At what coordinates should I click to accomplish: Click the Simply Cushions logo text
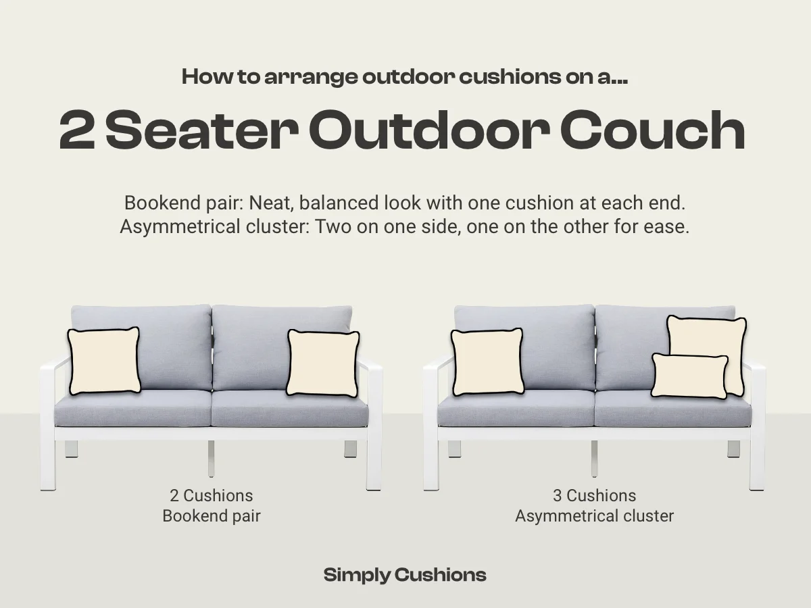point(405,575)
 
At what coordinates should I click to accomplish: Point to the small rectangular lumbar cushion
point(689,376)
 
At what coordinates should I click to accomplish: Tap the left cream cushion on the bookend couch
point(104,361)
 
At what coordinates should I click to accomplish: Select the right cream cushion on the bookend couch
point(323,363)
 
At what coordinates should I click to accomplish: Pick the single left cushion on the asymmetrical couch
point(487,362)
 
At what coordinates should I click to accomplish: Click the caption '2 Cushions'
point(211,496)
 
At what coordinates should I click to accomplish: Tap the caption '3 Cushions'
point(594,496)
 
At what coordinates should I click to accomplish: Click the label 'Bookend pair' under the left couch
point(211,516)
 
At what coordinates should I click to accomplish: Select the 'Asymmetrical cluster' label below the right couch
point(594,516)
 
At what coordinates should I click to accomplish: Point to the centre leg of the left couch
point(211,459)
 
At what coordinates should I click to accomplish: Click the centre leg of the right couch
point(594,459)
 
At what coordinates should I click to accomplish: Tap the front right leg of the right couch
point(757,466)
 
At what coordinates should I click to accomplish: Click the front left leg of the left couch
point(47,466)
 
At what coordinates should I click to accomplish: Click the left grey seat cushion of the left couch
point(132,409)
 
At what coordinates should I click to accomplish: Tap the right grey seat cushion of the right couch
point(672,409)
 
